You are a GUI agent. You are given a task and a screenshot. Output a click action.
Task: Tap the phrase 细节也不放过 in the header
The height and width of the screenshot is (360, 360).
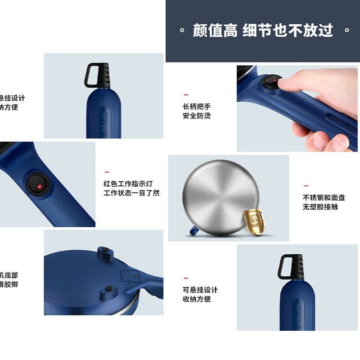(288, 31)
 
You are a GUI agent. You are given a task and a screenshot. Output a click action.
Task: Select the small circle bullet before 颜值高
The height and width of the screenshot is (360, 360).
(182, 31)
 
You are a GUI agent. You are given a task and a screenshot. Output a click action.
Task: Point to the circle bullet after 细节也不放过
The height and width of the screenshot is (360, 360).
(346, 31)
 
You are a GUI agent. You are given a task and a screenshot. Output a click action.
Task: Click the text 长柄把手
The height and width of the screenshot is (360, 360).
(196, 107)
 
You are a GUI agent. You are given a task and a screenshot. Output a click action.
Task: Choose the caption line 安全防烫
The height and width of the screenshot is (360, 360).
(196, 116)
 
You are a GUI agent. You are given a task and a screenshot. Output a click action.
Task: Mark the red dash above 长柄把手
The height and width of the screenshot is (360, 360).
(186, 95)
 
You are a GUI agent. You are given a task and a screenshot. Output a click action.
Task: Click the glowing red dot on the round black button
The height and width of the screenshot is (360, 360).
(40, 185)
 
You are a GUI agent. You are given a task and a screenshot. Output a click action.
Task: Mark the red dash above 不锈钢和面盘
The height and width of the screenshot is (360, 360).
(306, 185)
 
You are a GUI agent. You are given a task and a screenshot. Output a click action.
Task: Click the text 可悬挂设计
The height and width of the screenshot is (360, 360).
(200, 290)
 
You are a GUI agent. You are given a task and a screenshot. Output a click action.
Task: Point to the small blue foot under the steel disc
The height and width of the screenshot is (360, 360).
(192, 232)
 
